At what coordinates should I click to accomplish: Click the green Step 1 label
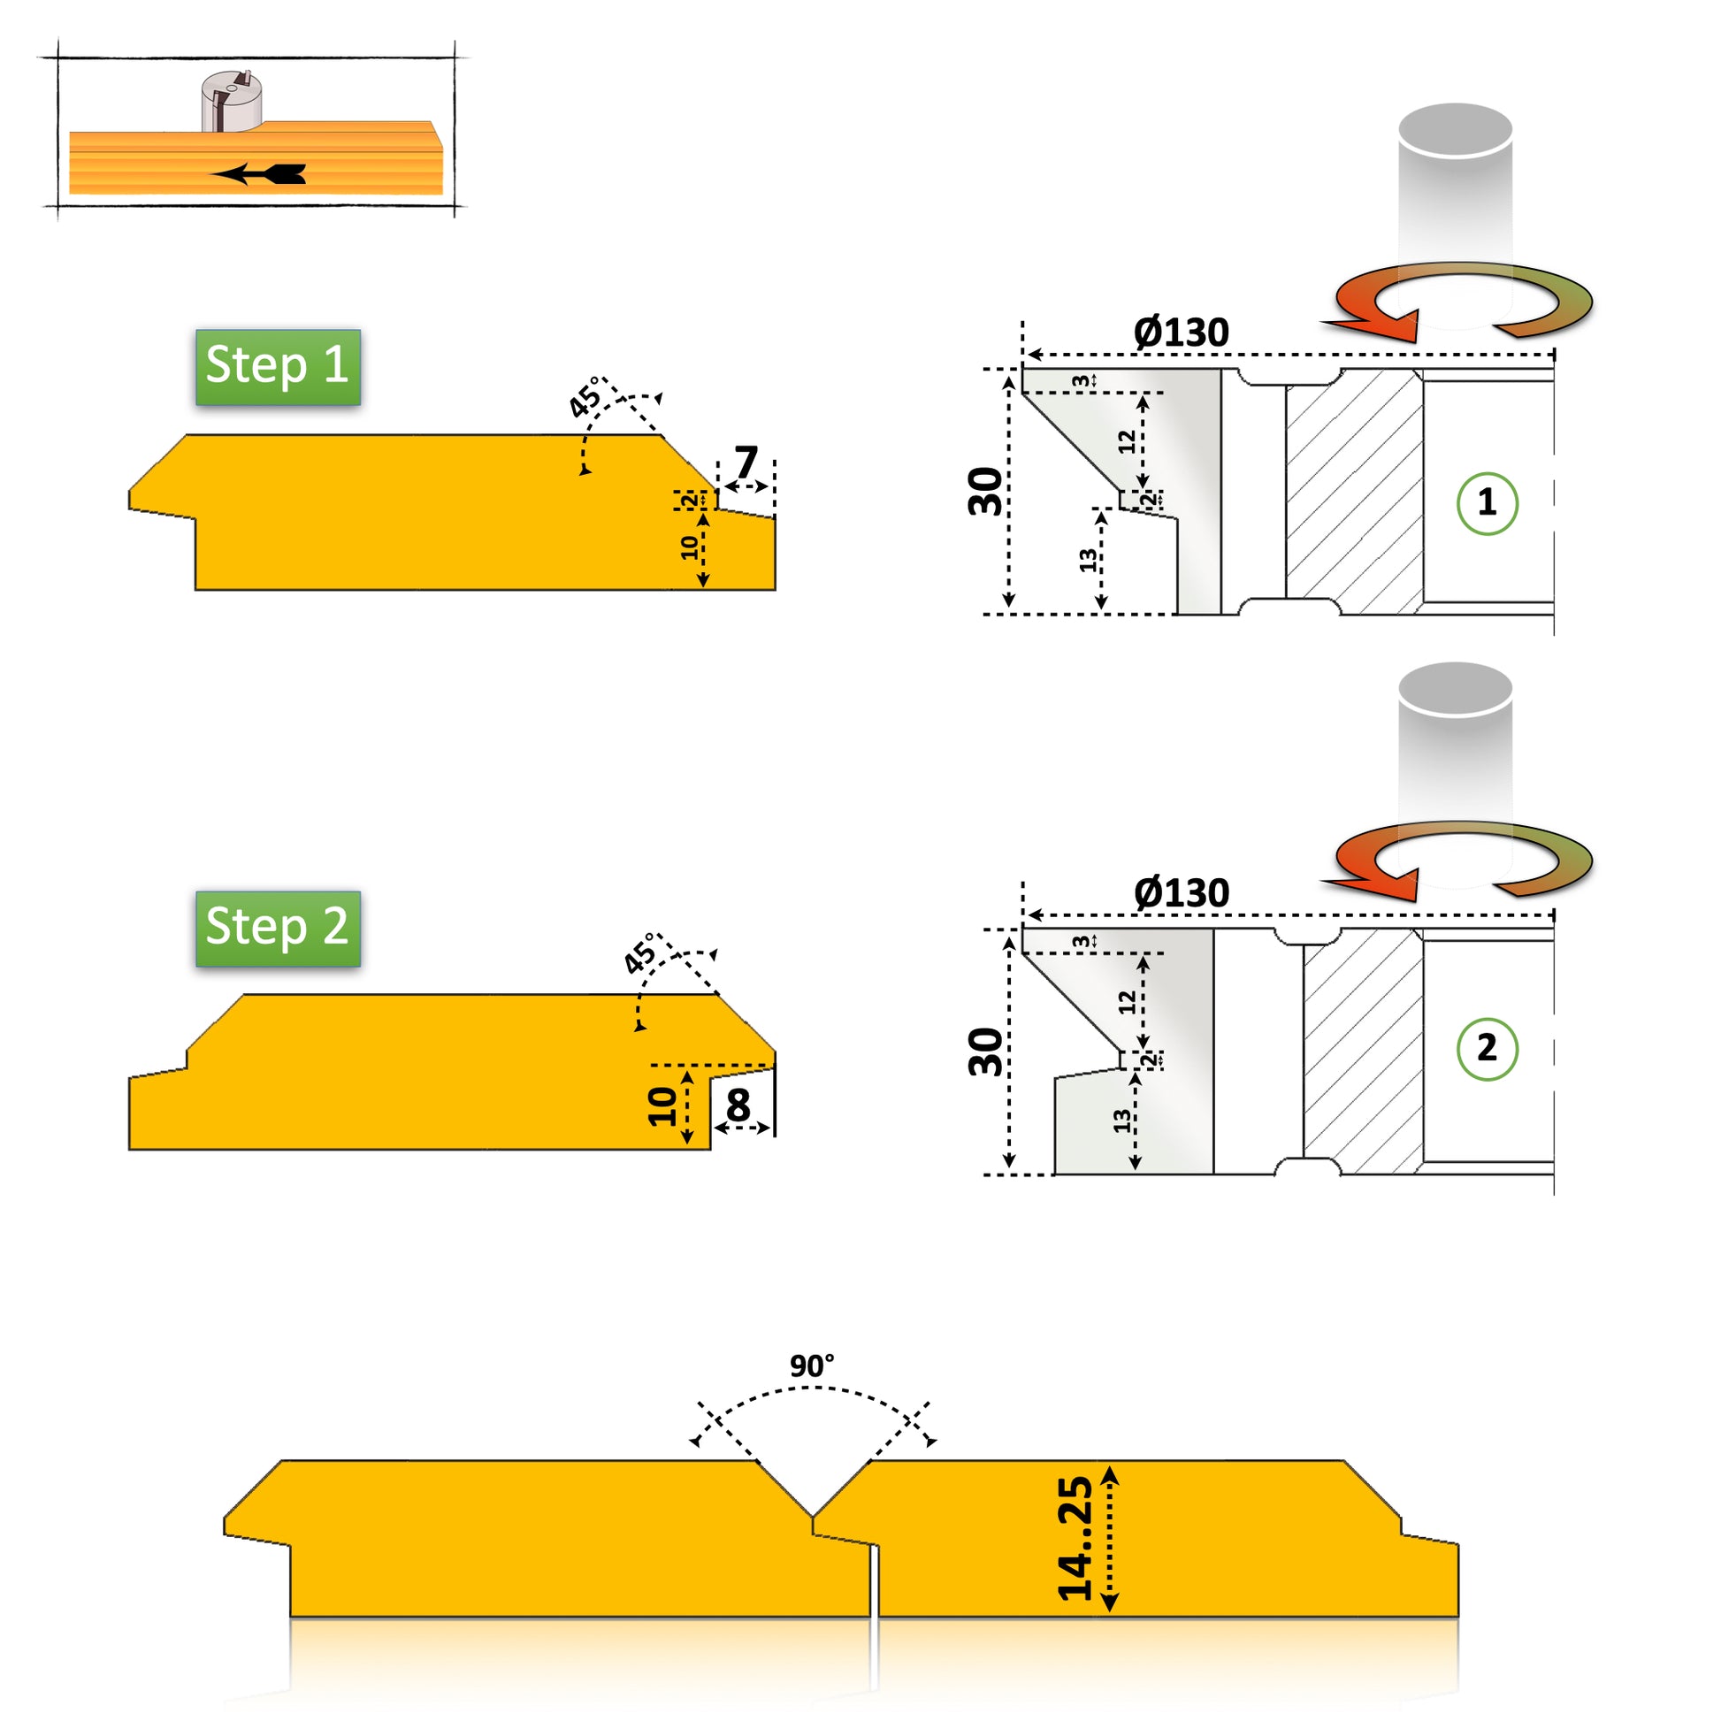(278, 366)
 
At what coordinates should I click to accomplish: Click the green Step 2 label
(278, 929)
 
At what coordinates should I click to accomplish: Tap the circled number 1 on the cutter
(1487, 503)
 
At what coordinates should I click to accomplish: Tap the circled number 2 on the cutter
(1487, 1049)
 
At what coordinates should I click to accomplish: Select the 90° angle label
(812, 1365)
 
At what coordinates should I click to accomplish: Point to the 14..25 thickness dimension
(1075, 1539)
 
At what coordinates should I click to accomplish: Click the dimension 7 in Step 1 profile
(746, 463)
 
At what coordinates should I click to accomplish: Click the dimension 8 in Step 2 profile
(738, 1105)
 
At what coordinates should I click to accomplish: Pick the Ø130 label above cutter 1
(1182, 333)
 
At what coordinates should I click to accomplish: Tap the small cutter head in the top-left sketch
(231, 101)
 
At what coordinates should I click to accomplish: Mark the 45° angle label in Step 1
(586, 398)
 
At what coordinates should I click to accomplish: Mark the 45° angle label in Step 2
(639, 956)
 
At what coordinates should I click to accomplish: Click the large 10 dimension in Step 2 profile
(662, 1107)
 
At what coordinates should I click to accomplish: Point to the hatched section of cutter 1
(1354, 492)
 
